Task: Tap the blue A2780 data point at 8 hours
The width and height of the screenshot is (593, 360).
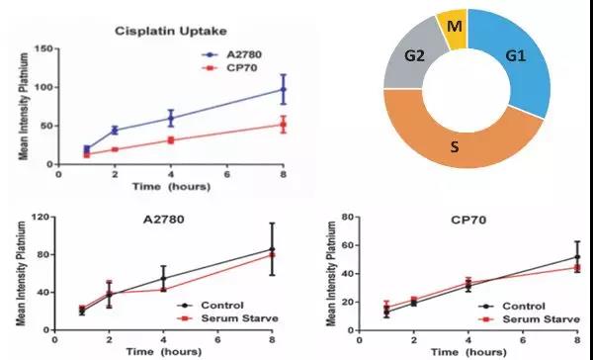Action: pyautogui.click(x=284, y=90)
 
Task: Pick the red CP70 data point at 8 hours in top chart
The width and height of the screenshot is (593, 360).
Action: pyautogui.click(x=284, y=125)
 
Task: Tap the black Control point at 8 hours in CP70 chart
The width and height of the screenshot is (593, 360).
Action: pyautogui.click(x=576, y=258)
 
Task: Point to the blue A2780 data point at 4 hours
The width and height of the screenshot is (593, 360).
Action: pyautogui.click(x=171, y=119)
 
